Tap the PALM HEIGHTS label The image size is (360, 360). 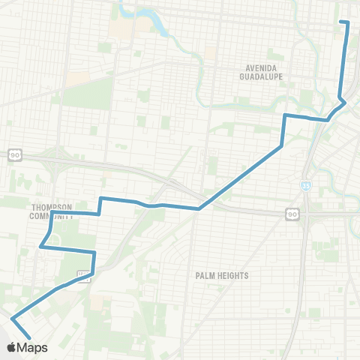tap(221, 275)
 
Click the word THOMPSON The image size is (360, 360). tap(50, 206)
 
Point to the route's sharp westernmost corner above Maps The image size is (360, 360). tap(12, 319)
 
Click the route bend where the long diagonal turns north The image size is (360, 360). tap(280, 145)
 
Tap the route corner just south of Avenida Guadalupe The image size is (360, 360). tap(285, 115)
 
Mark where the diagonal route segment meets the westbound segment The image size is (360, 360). tap(199, 208)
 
